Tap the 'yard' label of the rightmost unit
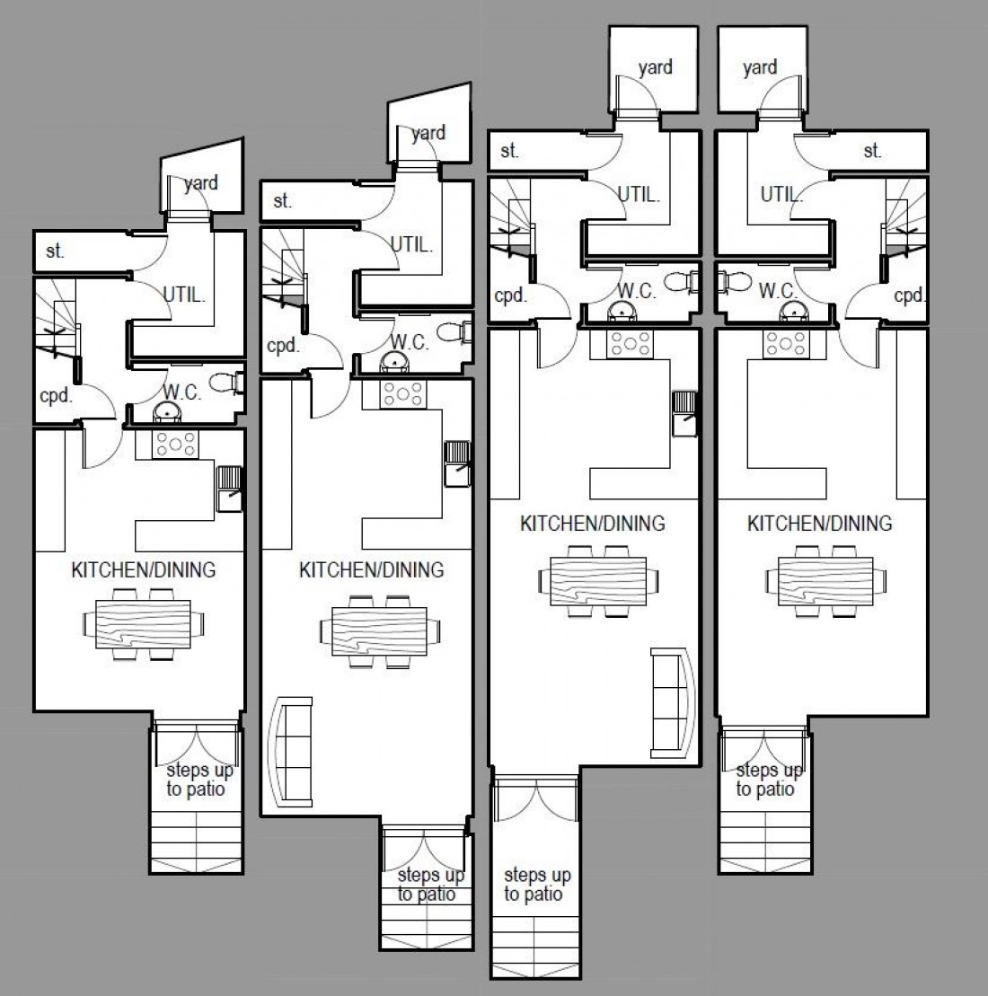pyautogui.click(x=760, y=67)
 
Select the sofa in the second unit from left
pyautogui.click(x=291, y=751)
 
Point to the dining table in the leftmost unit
pyautogui.click(x=144, y=623)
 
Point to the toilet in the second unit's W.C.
pyautogui.click(x=462, y=333)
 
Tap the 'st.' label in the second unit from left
pyautogui.click(x=283, y=201)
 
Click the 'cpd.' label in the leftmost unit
pyautogui.click(x=56, y=395)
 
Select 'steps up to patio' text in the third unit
pyautogui.click(x=537, y=884)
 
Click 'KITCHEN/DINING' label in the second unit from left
pyautogui.click(x=371, y=569)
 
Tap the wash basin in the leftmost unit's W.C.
pyautogui.click(x=166, y=412)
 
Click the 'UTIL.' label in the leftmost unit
pyautogui.click(x=184, y=293)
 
